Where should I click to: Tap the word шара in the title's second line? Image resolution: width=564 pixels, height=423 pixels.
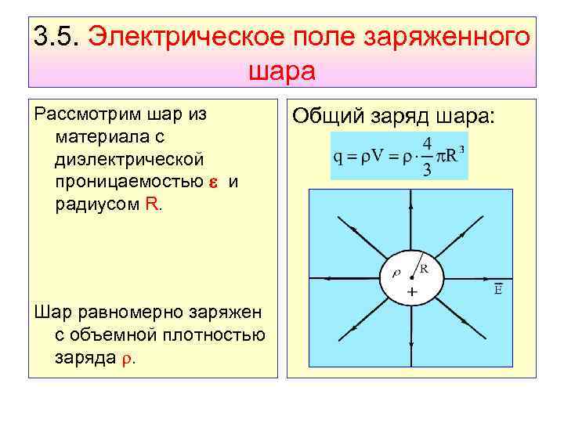(x=281, y=71)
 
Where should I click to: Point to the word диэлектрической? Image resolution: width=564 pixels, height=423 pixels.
(x=130, y=160)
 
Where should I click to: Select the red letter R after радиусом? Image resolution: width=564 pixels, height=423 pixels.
(x=152, y=204)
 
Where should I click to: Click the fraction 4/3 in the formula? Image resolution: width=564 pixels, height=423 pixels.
(x=426, y=156)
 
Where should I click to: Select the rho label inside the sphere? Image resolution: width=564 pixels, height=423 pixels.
(x=396, y=273)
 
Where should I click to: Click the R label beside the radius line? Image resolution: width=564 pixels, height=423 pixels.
(x=424, y=267)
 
